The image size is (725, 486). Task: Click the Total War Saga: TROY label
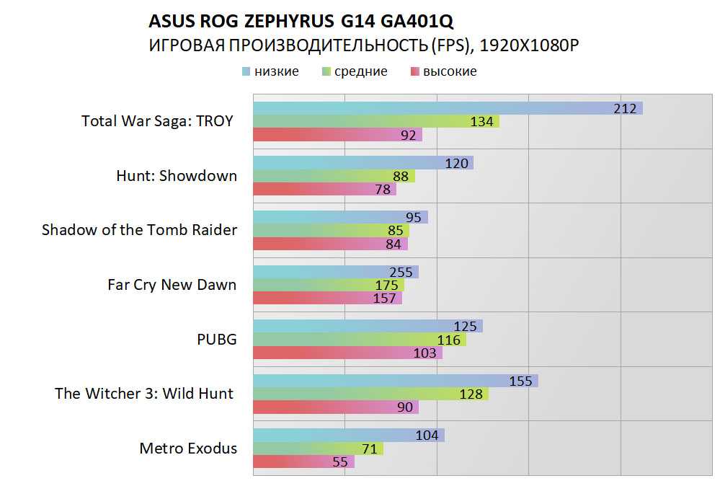pyautogui.click(x=157, y=121)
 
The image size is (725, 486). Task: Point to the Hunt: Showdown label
pyautogui.click(x=176, y=175)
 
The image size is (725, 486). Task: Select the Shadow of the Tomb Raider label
pyautogui.click(x=139, y=230)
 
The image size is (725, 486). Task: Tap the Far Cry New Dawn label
pyautogui.click(x=172, y=284)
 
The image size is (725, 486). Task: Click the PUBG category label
pyautogui.click(x=216, y=339)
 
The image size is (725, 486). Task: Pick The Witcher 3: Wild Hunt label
pyautogui.click(x=144, y=393)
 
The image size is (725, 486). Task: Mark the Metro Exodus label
pyautogui.click(x=187, y=448)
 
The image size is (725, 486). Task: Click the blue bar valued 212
pyautogui.click(x=447, y=108)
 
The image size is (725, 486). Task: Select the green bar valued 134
pyautogui.click(x=375, y=122)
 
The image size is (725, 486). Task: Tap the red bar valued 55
pyautogui.click(x=303, y=461)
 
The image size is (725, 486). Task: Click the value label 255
pyautogui.click(x=401, y=272)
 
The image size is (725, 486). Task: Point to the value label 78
pyautogui.click(x=383, y=190)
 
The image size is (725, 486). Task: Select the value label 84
pyautogui.click(x=393, y=244)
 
